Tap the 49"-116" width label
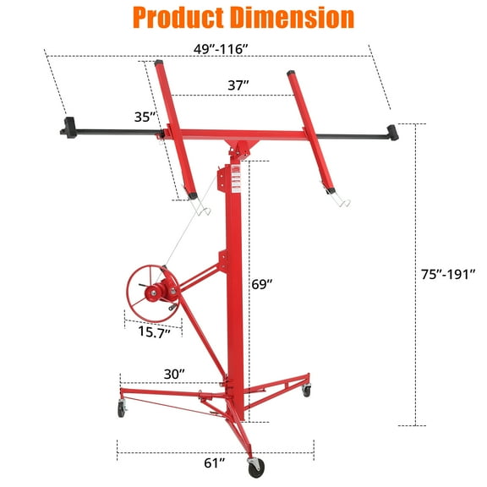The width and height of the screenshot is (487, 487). tap(214, 49)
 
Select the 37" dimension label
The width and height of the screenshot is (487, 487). tap(238, 85)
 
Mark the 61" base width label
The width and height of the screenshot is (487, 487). tap(215, 462)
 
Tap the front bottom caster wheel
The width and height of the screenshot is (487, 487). tap(254, 467)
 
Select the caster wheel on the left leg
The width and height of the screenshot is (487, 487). tap(122, 410)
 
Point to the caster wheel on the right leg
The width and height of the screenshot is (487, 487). tap(306, 391)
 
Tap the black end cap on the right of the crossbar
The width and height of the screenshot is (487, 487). tap(391, 131)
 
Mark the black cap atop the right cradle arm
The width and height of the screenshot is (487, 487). tap(293, 74)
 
